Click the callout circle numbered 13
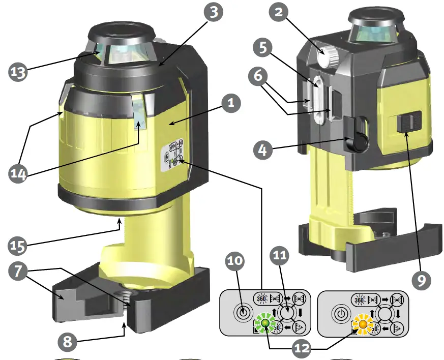pos(18,72)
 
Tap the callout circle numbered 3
pos(214,12)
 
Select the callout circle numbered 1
pos(231,103)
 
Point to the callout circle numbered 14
pos(18,173)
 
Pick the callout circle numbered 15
pos(18,246)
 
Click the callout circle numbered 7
pos(18,271)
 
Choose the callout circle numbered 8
pos(68,342)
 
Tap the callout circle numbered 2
pos(279,12)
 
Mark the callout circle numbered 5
pos(263,47)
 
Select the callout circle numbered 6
pos(258,76)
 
